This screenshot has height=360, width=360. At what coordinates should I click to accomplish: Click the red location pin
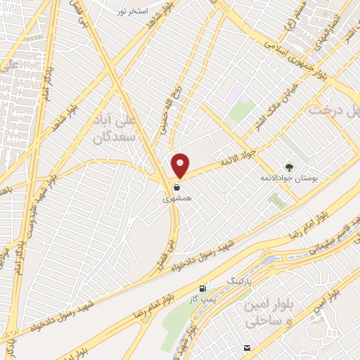tap(180, 165)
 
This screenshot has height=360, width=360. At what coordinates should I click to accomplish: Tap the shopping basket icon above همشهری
tap(176, 187)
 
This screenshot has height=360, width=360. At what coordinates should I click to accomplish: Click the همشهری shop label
tap(176, 199)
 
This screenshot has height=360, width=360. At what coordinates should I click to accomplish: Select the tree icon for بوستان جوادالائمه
tap(289, 167)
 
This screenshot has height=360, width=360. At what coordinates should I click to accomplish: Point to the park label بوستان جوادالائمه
tap(288, 180)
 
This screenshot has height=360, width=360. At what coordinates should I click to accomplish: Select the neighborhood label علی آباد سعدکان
tap(115, 129)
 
